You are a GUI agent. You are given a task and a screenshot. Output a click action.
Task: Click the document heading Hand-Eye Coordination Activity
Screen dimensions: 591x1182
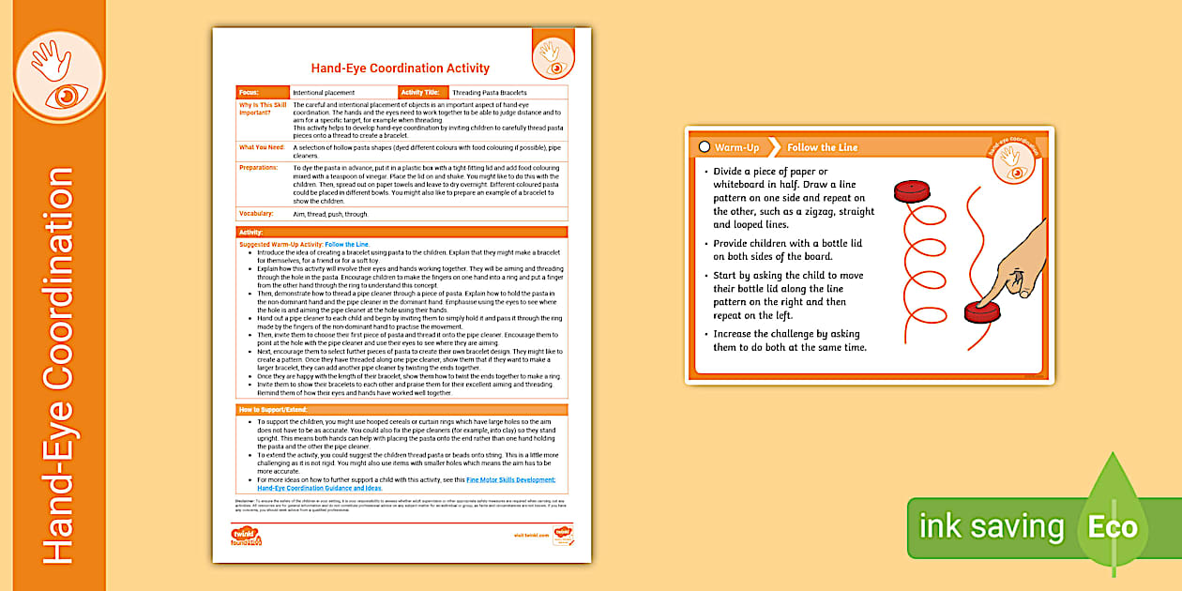(x=400, y=68)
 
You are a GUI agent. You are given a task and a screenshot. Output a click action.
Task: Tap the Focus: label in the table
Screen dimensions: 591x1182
(x=249, y=93)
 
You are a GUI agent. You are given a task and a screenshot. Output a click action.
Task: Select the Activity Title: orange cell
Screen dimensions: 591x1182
(x=423, y=93)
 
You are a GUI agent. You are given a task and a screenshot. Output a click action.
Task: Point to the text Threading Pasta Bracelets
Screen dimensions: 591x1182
(x=489, y=93)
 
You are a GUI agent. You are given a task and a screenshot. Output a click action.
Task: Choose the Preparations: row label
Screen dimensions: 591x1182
(x=259, y=168)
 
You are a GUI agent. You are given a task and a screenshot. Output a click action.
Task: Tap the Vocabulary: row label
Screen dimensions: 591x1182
(x=256, y=214)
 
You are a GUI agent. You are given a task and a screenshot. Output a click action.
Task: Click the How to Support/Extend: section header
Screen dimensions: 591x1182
(x=272, y=410)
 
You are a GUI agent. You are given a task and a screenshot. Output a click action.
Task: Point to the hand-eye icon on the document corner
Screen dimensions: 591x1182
(x=551, y=55)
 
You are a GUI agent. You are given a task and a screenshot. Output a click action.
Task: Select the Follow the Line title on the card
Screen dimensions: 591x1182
(x=822, y=148)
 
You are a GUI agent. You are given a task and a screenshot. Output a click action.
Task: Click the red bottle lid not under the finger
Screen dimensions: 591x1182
(x=911, y=192)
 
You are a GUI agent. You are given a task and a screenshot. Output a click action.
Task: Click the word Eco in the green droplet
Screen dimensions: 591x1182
(x=1113, y=526)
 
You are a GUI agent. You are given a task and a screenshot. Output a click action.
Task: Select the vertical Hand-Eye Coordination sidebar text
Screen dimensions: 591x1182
(x=57, y=366)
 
